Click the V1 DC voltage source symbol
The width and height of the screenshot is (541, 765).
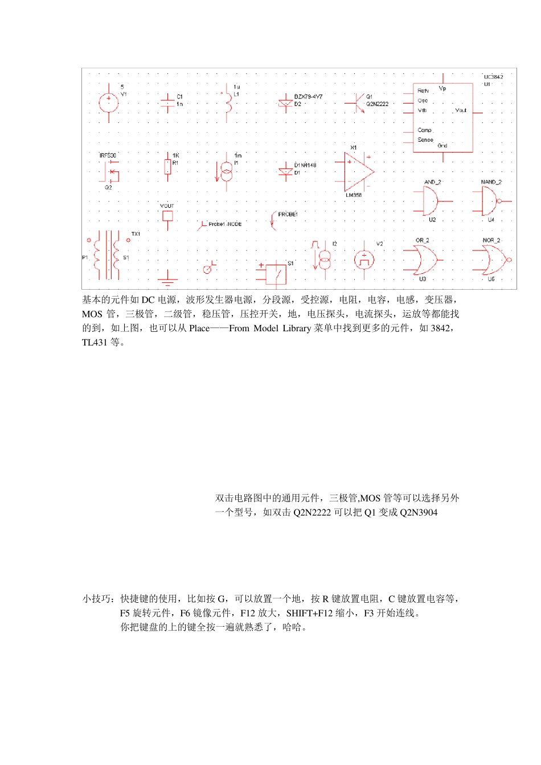pos(108,103)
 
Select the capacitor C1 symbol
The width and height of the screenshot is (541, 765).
pos(167,101)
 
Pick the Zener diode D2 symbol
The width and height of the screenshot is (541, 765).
pos(285,102)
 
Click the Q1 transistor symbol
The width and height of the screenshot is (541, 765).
pos(357,102)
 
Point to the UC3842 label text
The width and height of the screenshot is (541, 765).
pos(493,77)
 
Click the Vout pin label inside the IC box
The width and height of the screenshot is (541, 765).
pos(460,110)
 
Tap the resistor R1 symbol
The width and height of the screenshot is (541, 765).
pos(167,167)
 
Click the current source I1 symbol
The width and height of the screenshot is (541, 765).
pos(226,171)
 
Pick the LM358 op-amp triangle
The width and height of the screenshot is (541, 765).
pos(358,171)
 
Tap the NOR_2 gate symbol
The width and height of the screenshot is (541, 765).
pos(490,260)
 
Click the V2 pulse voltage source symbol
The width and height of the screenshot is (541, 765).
pos(364,260)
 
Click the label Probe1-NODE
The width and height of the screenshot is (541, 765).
pos(225,224)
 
